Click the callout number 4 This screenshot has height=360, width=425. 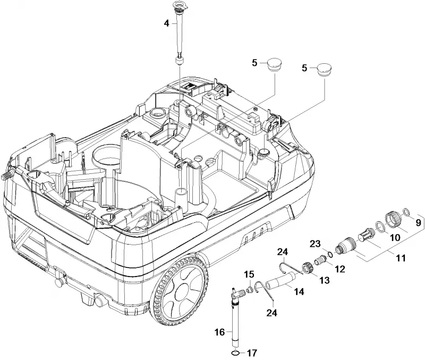point(166,23)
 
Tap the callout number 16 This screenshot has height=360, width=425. point(219,332)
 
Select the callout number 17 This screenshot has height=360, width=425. point(252,353)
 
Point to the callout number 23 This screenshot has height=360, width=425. point(315,244)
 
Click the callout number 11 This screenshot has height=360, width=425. point(401,258)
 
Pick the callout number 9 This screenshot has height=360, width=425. point(418,223)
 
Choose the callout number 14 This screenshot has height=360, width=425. point(299,291)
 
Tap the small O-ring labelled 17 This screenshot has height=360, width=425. point(235,353)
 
